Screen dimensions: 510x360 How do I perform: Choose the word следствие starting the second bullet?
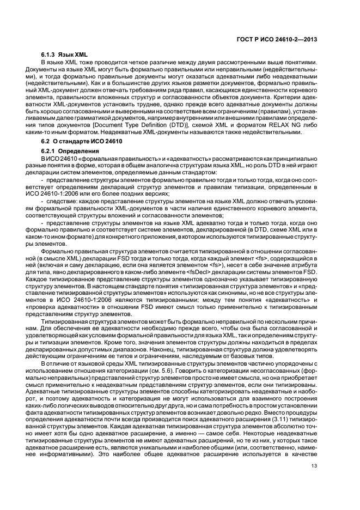[x=61, y=201]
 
